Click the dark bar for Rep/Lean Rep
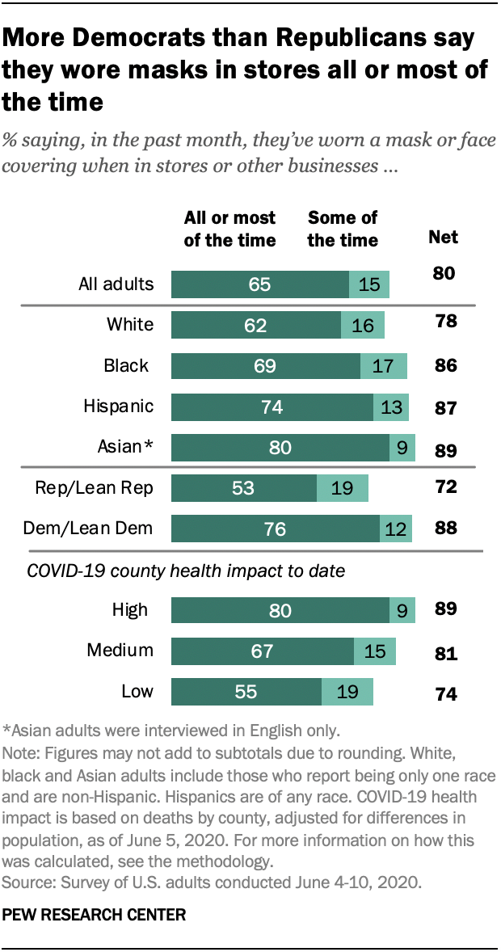pyautogui.click(x=244, y=487)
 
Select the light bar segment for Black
pyautogui.click(x=384, y=366)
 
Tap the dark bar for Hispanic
pyautogui.click(x=272, y=406)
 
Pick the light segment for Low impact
pyautogui.click(x=347, y=693)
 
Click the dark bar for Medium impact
pyautogui.click(x=263, y=651)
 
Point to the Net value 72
pyautogui.click(x=444, y=487)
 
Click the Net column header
pyautogui.click(x=443, y=237)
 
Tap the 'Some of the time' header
pyautogui.click(x=343, y=229)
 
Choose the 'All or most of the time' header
pyautogui.click(x=230, y=229)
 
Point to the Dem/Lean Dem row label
pyautogui.click(x=90, y=529)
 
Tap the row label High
pyautogui.click(x=130, y=609)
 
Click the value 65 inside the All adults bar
pyautogui.click(x=259, y=285)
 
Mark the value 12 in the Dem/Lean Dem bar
pyautogui.click(x=396, y=529)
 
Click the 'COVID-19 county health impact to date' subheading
pyautogui.click(x=186, y=571)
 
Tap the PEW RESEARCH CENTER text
pyautogui.click(x=95, y=916)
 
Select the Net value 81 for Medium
pyautogui.click(x=444, y=653)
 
